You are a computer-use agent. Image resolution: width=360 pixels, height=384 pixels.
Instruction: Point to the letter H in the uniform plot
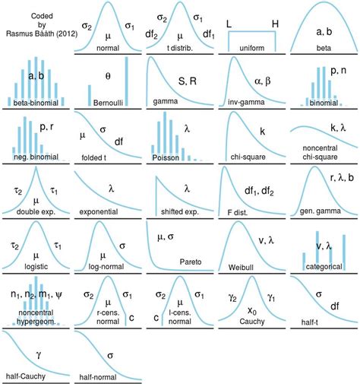[274, 24]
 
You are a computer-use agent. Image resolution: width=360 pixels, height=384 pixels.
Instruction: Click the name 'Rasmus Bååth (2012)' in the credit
[35, 30]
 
